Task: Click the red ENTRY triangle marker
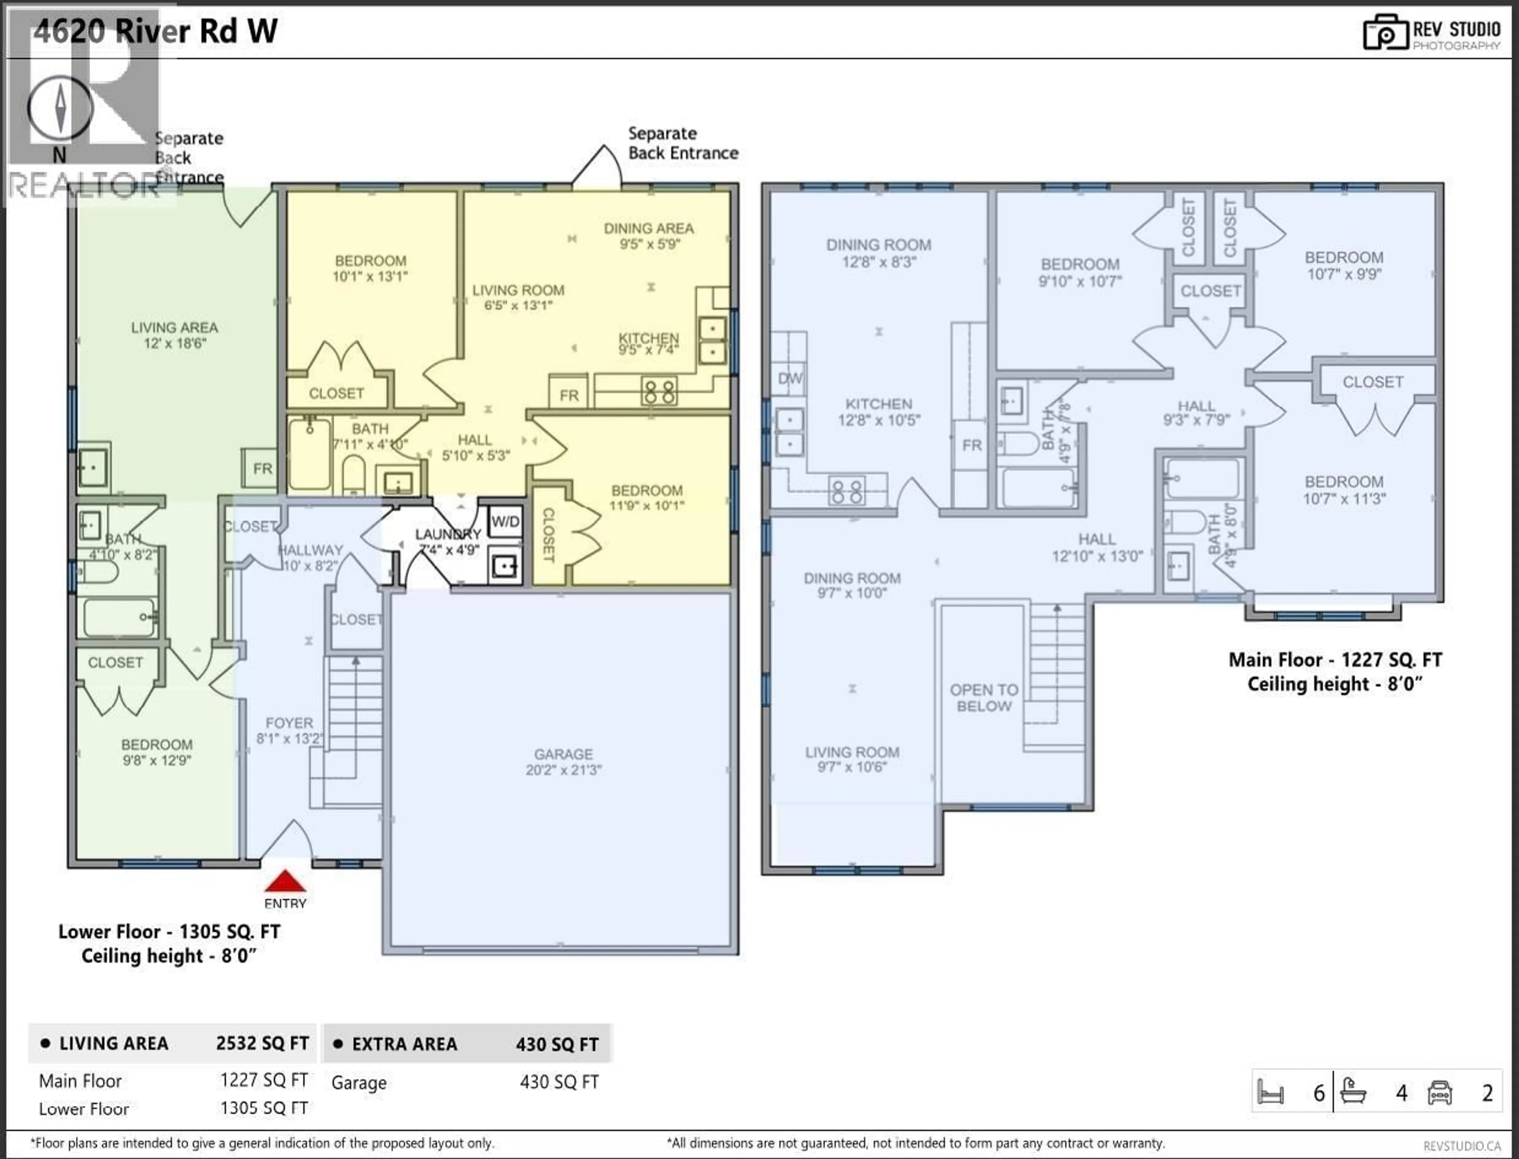pos(285,881)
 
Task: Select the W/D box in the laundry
pos(506,522)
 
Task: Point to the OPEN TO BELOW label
pos(983,697)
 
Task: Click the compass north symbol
pos(60,108)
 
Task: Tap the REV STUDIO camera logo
pos(1385,32)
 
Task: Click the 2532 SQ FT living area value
pos(262,1043)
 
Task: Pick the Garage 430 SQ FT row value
pos(559,1082)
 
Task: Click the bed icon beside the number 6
pos(1271,1093)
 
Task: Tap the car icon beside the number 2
pos(1440,1093)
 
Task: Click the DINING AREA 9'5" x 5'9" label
pos(648,235)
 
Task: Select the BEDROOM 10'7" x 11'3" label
pos(1343,490)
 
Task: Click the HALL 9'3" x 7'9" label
pos(1196,412)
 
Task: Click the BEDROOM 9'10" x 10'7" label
pos(1080,272)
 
